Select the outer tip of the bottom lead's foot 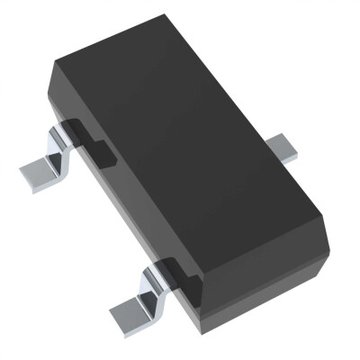coord(117,316)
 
